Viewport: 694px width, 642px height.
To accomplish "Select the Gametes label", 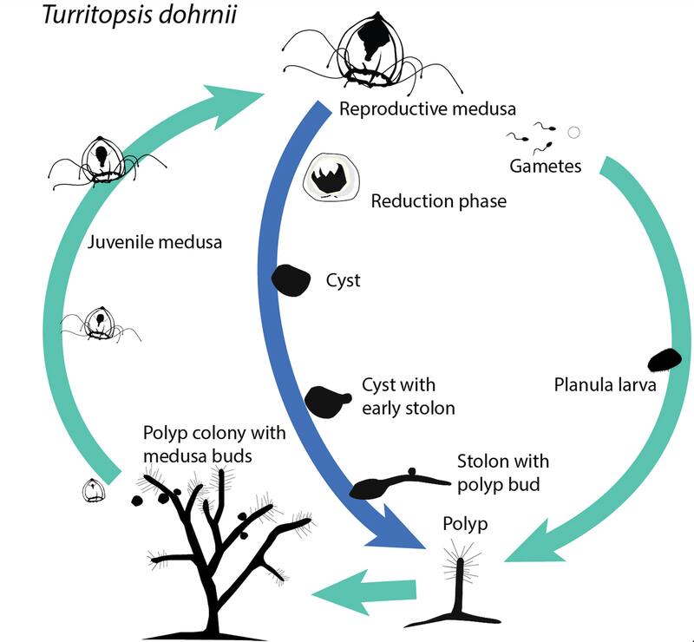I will click(x=546, y=165).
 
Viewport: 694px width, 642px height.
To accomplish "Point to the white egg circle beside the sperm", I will click(x=573, y=132).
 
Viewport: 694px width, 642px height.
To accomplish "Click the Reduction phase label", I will click(x=438, y=201).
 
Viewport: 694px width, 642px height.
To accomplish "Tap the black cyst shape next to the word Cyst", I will click(x=291, y=279).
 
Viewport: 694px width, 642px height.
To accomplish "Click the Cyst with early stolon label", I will click(x=407, y=396).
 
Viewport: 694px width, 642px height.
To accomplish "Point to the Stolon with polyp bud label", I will click(x=502, y=473).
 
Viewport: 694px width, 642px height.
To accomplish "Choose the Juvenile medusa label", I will click(x=154, y=242).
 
